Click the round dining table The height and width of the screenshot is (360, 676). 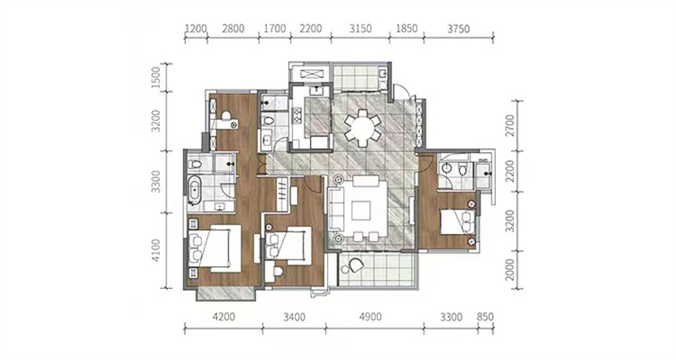[x=363, y=128]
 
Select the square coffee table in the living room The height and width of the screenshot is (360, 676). [x=361, y=211]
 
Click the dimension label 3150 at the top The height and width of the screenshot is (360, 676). [x=361, y=29]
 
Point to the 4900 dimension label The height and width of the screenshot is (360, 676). [x=370, y=317]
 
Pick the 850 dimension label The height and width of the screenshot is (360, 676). [x=485, y=317]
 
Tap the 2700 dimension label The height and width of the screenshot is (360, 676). [x=510, y=125]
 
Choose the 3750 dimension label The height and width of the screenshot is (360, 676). [x=458, y=29]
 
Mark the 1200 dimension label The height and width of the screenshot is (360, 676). [x=196, y=29]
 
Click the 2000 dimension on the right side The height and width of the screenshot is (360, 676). [x=510, y=270]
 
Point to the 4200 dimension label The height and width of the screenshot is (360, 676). [x=224, y=317]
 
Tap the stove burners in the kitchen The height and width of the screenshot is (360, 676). [x=297, y=114]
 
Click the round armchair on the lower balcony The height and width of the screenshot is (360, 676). [x=356, y=265]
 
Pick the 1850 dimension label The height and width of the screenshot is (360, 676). [x=406, y=29]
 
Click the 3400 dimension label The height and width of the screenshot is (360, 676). [x=294, y=317]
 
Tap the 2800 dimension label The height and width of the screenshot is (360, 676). [x=233, y=29]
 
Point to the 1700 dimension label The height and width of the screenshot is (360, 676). [x=275, y=29]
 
